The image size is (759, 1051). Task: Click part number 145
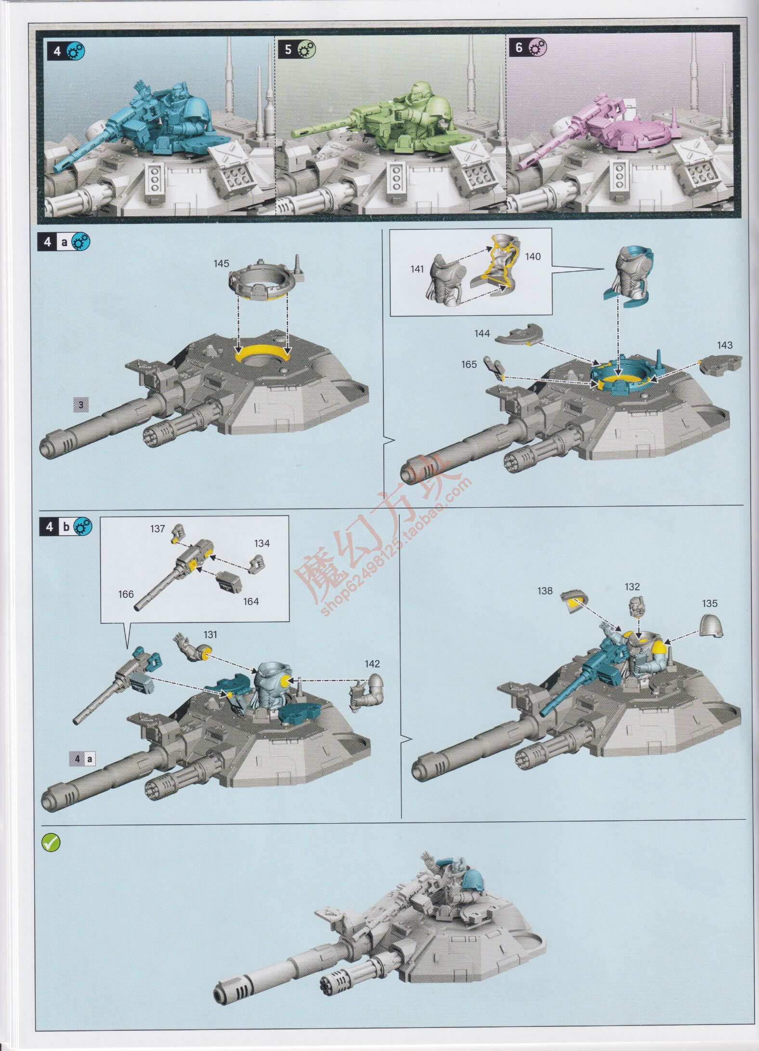(x=222, y=263)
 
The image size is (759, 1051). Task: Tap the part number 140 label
(x=533, y=256)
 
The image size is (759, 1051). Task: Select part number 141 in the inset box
(x=417, y=269)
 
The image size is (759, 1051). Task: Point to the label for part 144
(x=482, y=333)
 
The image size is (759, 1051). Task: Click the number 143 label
(x=724, y=345)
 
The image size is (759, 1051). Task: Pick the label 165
(x=469, y=364)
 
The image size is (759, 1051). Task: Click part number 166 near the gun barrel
(x=126, y=594)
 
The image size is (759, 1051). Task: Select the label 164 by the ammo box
(x=251, y=601)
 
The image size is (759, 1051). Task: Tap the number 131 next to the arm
(x=210, y=634)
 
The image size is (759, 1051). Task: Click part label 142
(x=372, y=664)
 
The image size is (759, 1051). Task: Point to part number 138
(x=545, y=591)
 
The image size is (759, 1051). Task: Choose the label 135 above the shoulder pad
(x=709, y=603)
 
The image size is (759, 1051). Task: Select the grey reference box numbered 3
(x=80, y=405)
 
